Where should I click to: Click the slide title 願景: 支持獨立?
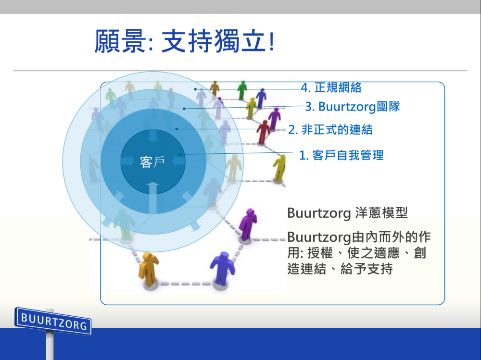click(x=184, y=41)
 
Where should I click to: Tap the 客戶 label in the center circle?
click(x=152, y=161)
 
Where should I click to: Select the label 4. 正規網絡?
click(x=331, y=87)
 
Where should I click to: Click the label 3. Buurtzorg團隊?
click(x=353, y=107)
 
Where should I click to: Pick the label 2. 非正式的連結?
click(x=330, y=129)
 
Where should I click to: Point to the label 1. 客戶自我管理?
click(x=342, y=155)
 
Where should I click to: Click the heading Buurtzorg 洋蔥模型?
click(x=347, y=213)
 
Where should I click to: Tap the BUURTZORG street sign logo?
click(x=53, y=321)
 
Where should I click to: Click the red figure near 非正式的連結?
click(x=263, y=132)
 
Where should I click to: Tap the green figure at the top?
click(x=242, y=90)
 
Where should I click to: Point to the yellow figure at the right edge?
click(x=279, y=168)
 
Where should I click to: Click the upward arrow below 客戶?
click(x=153, y=198)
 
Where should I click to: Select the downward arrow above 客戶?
click(x=153, y=136)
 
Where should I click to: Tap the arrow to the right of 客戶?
click(x=179, y=161)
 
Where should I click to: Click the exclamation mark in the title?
click(x=271, y=41)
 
